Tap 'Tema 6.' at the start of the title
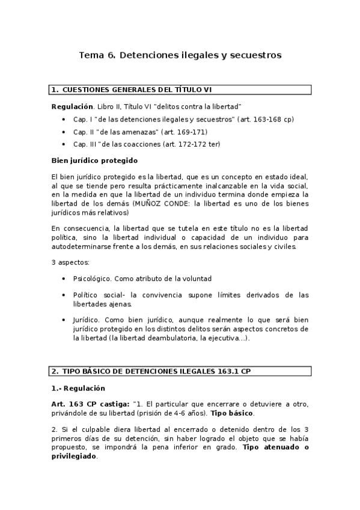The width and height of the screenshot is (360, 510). pos(97,56)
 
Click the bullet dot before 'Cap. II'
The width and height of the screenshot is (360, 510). pos(64,132)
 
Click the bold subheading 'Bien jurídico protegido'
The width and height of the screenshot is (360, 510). pos(94,161)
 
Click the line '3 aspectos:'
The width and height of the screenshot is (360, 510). pos(71,263)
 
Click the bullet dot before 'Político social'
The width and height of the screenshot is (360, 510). pos(64,295)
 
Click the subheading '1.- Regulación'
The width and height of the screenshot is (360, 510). pos(78,388)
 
